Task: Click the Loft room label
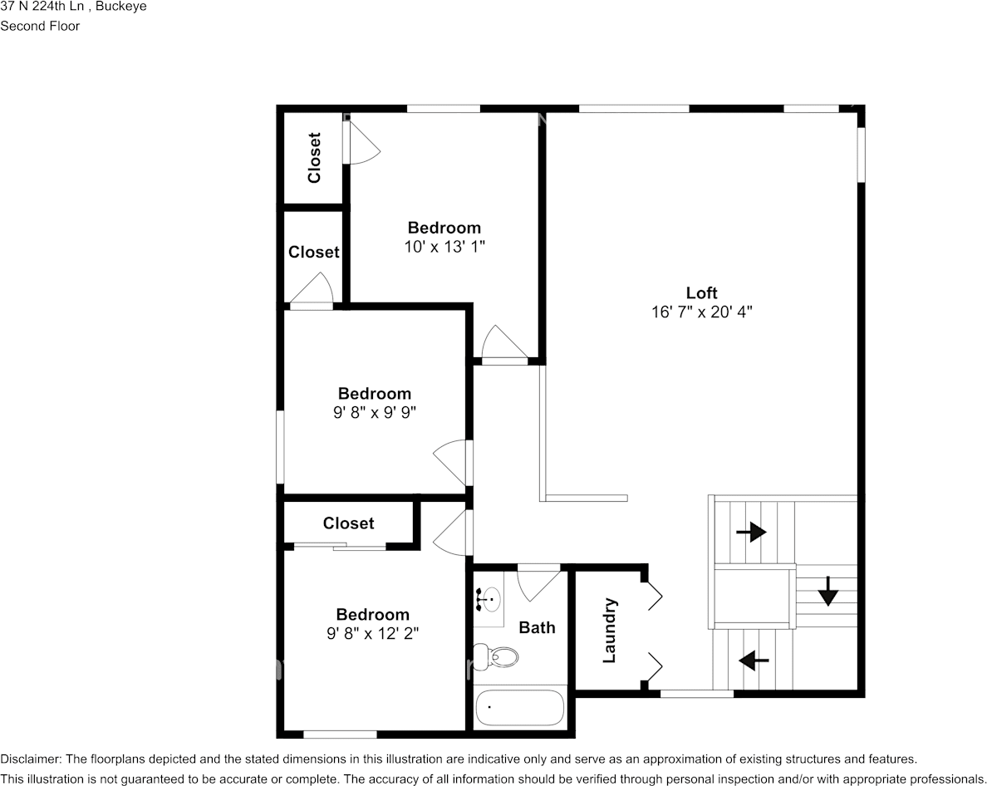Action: (x=701, y=292)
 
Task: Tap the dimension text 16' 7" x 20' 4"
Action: (x=701, y=312)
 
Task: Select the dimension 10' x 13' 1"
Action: (x=444, y=247)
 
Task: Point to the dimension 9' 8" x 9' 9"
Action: (x=374, y=412)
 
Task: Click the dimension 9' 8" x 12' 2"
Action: (x=372, y=633)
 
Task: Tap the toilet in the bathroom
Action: (x=497, y=657)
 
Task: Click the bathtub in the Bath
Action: (x=520, y=708)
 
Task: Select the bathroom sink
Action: (x=490, y=597)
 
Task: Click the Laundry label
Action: (x=609, y=631)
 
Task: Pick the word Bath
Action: (x=537, y=628)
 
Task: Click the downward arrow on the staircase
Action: (x=827, y=595)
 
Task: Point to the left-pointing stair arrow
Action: (x=754, y=661)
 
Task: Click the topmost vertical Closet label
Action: (x=314, y=158)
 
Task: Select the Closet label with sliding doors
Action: (x=348, y=523)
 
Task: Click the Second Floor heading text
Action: (x=40, y=26)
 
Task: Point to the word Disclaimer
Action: (x=30, y=759)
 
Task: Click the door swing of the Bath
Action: (x=535, y=584)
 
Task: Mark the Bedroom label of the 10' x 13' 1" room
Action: (x=444, y=228)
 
